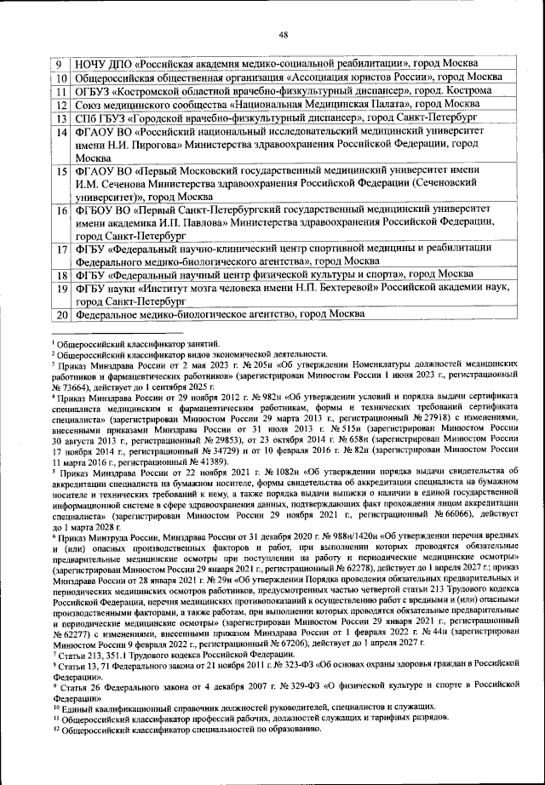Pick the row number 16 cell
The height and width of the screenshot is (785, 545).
[61, 209]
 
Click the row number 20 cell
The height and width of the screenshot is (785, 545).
[61, 315]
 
